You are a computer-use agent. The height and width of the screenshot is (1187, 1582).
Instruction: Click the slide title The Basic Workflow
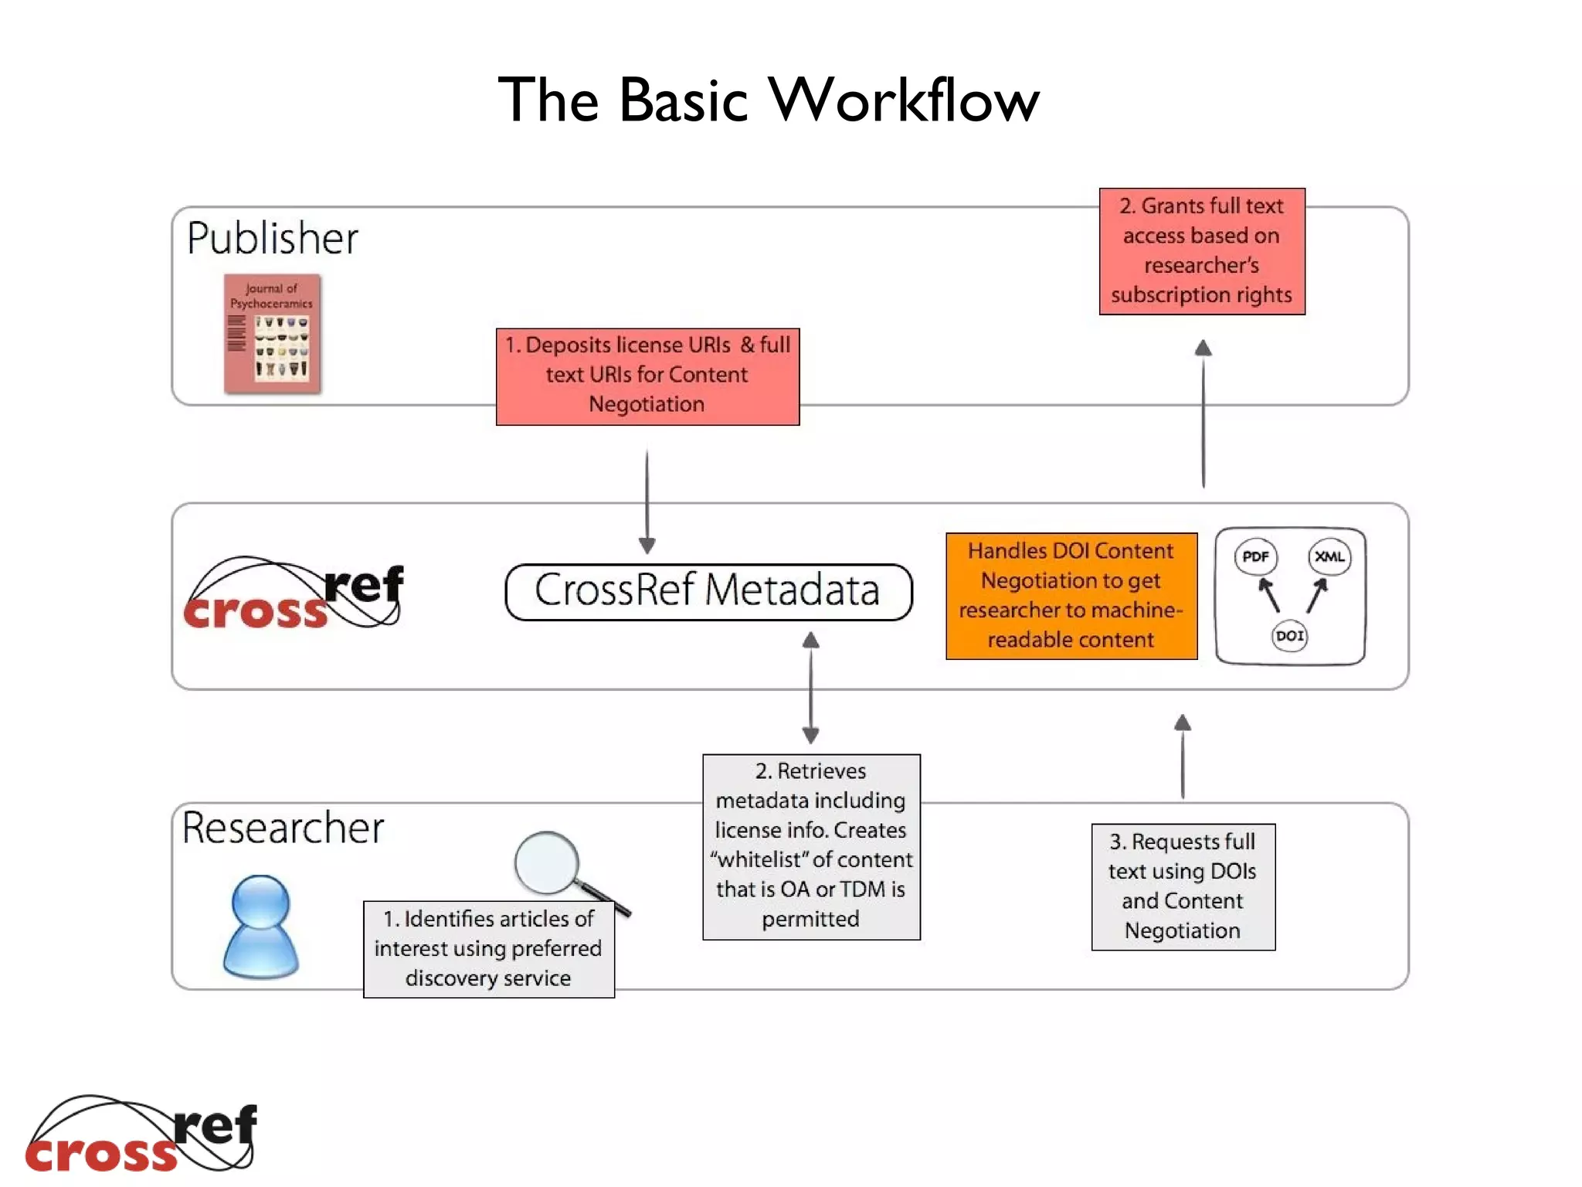(x=769, y=100)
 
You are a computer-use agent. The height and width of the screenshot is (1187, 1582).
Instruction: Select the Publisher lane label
(x=272, y=238)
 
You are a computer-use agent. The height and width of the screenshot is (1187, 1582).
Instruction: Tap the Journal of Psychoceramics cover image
(x=272, y=334)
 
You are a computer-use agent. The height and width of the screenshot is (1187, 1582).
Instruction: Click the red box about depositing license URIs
(x=647, y=376)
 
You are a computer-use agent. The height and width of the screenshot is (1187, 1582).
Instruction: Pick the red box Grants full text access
(x=1202, y=251)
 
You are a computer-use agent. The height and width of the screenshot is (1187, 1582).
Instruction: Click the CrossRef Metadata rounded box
(x=708, y=591)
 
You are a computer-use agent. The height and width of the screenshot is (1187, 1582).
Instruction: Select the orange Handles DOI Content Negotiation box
(x=1071, y=596)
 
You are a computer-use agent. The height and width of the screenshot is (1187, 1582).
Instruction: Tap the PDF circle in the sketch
(x=1255, y=556)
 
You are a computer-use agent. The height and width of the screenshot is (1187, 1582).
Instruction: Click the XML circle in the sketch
(x=1329, y=556)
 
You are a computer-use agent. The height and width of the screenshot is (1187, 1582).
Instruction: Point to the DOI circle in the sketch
(x=1289, y=636)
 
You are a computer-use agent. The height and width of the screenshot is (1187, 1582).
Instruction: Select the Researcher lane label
(x=283, y=828)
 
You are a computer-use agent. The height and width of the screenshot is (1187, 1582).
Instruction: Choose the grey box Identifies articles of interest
(x=488, y=949)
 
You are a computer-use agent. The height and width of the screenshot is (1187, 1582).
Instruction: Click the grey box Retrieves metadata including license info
(x=811, y=846)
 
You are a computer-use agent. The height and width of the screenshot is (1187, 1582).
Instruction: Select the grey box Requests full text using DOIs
(x=1183, y=886)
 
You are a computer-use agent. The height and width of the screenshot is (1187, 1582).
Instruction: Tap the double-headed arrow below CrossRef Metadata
(x=810, y=688)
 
